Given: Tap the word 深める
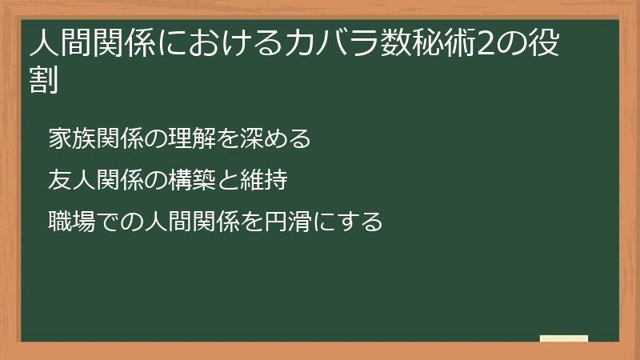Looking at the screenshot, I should [x=280, y=139].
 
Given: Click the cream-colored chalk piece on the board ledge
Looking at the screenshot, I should [x=564, y=338].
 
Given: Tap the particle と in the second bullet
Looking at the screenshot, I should [x=222, y=179].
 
